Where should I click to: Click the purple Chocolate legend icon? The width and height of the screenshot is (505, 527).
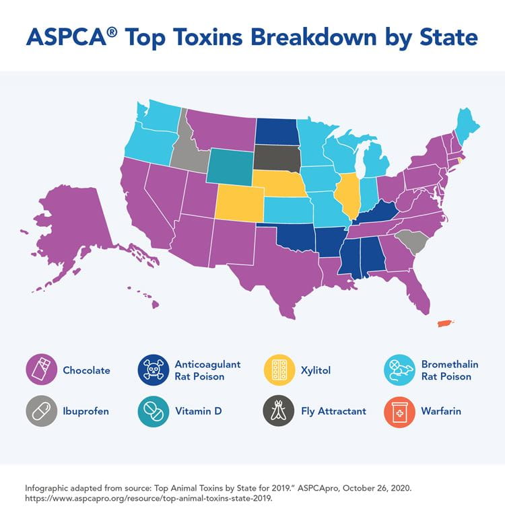coord(40,370)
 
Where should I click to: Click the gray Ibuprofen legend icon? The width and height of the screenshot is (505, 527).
coord(40,411)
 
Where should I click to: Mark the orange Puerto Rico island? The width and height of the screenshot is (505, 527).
coord(443,324)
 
